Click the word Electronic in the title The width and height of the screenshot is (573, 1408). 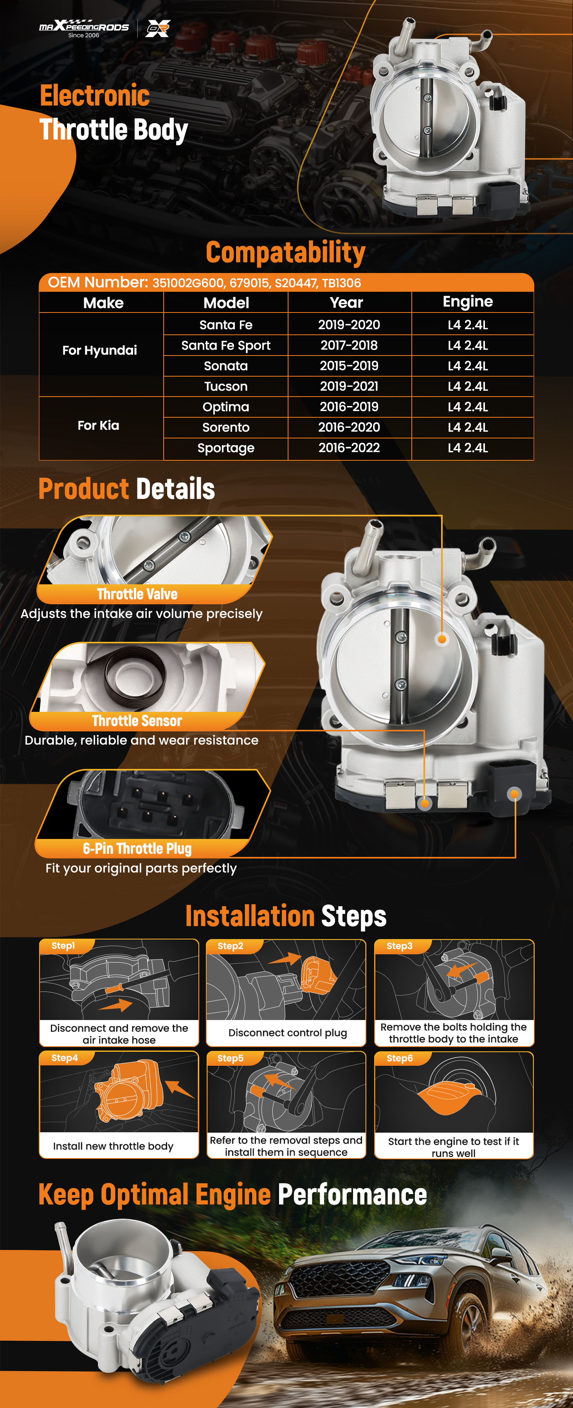click(95, 96)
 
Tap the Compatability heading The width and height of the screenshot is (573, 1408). click(285, 253)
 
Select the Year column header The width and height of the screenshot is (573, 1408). click(347, 302)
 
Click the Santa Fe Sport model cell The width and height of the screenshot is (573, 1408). click(226, 345)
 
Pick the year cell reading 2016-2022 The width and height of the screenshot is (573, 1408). click(349, 448)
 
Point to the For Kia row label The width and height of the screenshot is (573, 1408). click(98, 425)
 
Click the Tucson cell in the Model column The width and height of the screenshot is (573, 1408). click(226, 386)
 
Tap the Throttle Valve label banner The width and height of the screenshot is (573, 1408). click(137, 594)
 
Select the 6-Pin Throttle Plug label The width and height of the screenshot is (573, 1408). click(137, 848)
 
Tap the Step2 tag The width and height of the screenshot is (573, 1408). click(230, 946)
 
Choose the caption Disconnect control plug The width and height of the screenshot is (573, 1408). click(288, 1033)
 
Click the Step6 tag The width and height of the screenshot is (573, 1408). click(400, 1058)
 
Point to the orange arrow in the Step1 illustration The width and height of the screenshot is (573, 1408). click(117, 1005)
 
